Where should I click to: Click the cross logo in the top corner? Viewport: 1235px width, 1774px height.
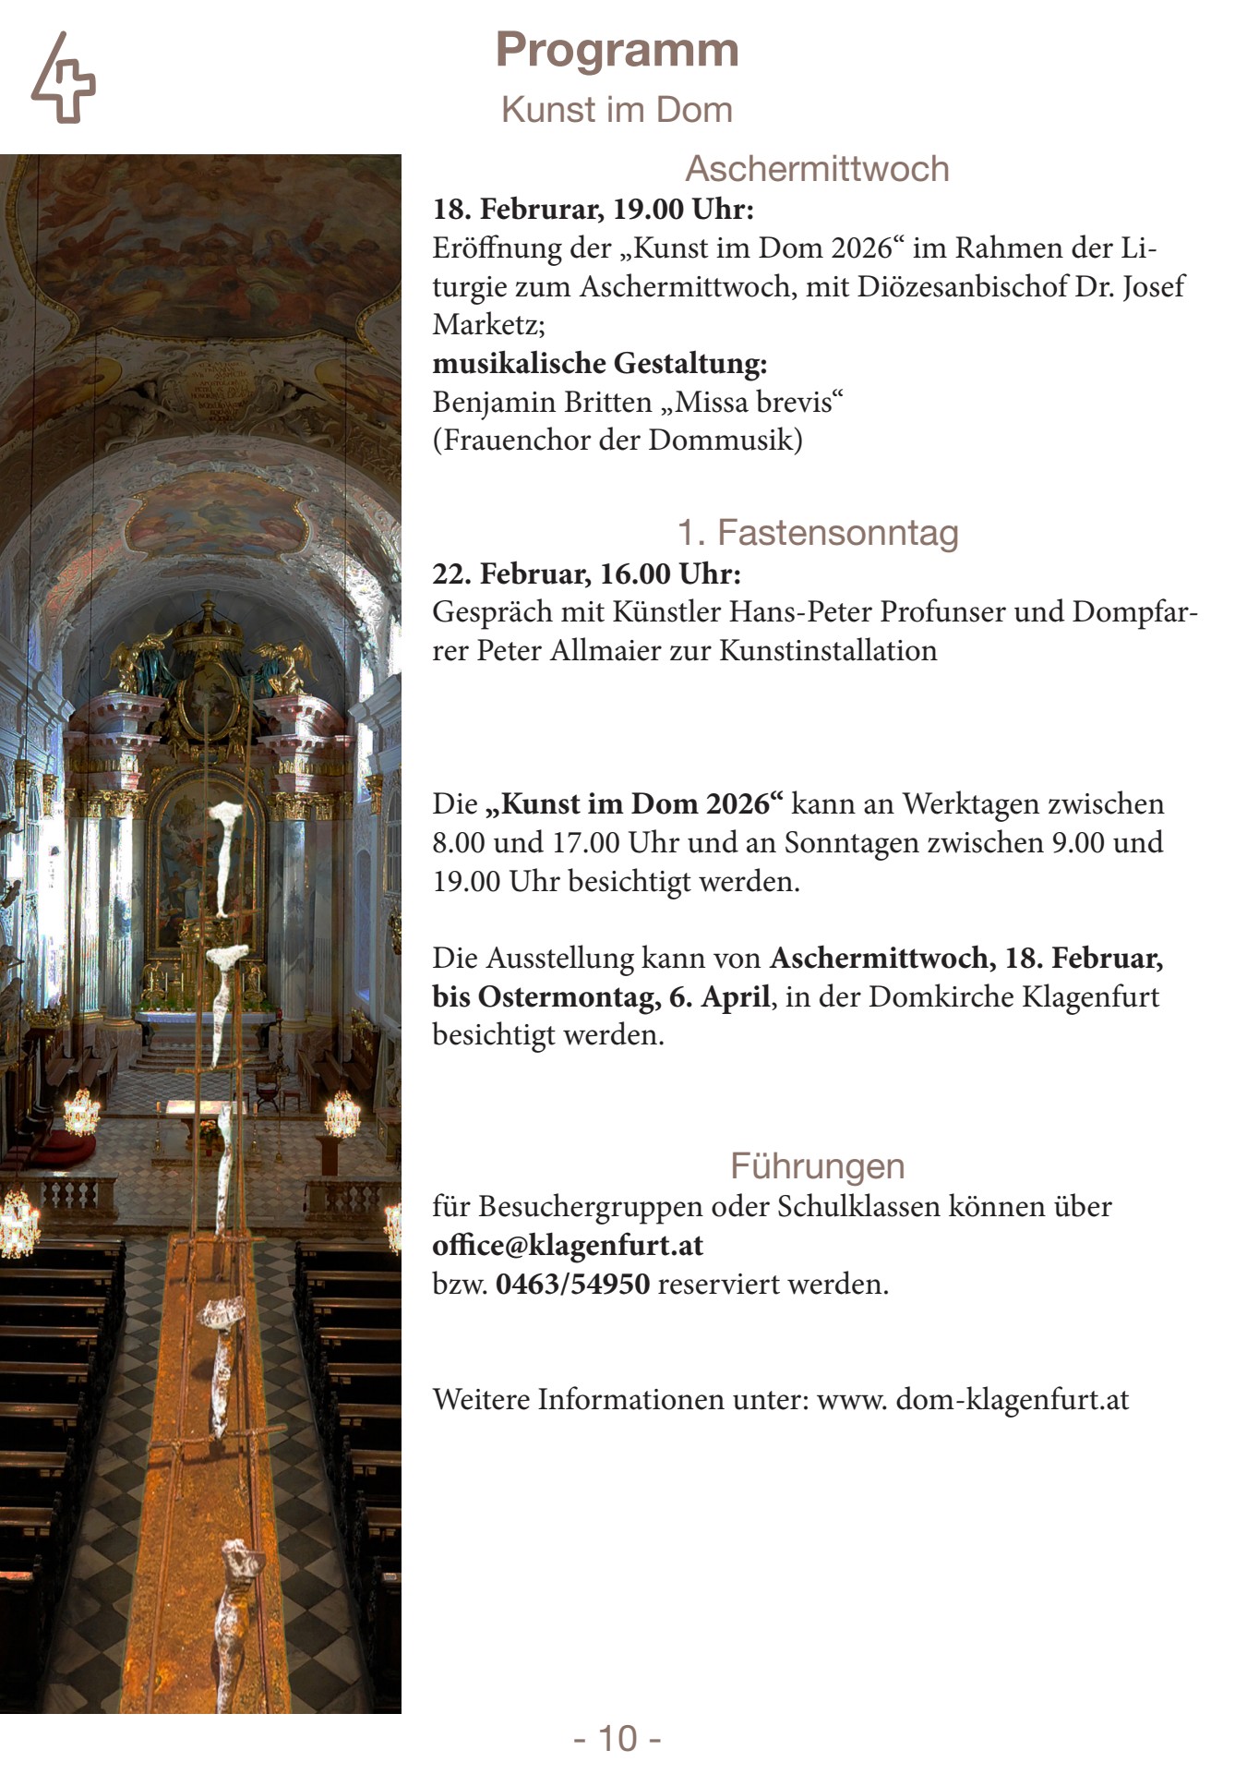[x=63, y=78]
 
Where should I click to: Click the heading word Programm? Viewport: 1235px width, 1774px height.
[x=617, y=50]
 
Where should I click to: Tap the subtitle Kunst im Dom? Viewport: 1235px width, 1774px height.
[x=617, y=110]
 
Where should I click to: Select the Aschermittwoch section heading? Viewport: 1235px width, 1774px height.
[x=816, y=169]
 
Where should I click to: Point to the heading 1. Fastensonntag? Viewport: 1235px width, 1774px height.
[x=818, y=533]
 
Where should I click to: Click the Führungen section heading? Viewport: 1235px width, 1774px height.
[x=817, y=1165]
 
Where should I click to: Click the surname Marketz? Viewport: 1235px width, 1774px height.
[x=488, y=325]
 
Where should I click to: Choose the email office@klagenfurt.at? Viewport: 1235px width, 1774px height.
[x=568, y=1246]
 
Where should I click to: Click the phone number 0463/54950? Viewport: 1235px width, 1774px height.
[x=572, y=1285]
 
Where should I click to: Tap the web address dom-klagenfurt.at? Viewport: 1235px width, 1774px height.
[x=1013, y=1400]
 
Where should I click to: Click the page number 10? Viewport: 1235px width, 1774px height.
[x=617, y=1738]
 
